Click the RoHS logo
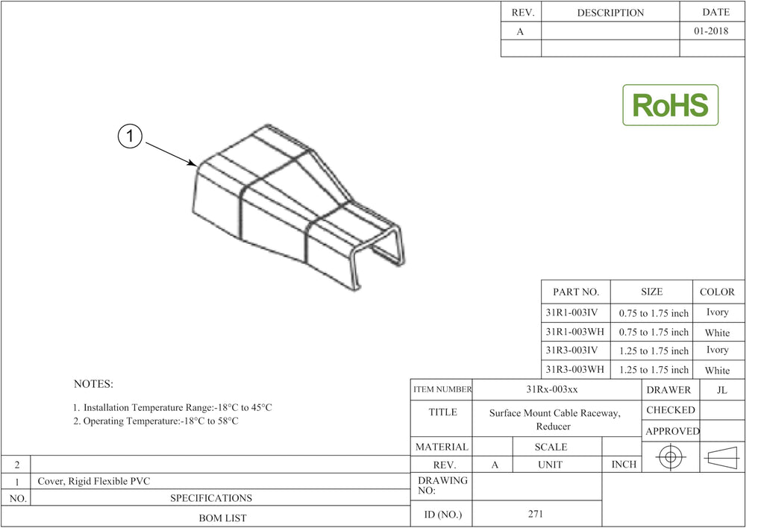[670, 104]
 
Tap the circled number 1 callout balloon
[130, 136]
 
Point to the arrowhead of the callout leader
[193, 163]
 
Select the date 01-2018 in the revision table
[711, 31]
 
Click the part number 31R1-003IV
[572, 312]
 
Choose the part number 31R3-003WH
[574, 369]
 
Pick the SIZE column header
[651, 292]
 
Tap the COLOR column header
[717, 292]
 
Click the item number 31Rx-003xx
[552, 389]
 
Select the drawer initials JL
[722, 390]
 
